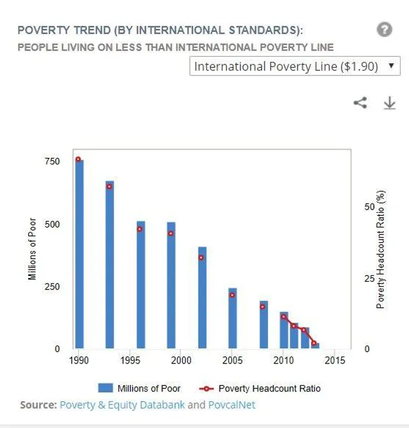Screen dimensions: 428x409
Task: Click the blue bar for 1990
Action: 79,256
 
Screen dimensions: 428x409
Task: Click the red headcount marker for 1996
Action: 140,229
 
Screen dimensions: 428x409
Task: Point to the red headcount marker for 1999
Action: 171,233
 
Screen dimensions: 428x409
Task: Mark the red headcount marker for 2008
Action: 263,307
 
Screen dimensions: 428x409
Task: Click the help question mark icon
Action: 384,29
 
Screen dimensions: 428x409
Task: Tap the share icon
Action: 360,102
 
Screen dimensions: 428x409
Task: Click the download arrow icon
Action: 389,103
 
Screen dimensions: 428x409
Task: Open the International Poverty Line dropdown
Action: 295,66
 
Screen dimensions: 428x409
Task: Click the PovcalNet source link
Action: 231,405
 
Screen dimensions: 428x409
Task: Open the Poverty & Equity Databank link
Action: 122,405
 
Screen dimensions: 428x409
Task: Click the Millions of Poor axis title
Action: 33,250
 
